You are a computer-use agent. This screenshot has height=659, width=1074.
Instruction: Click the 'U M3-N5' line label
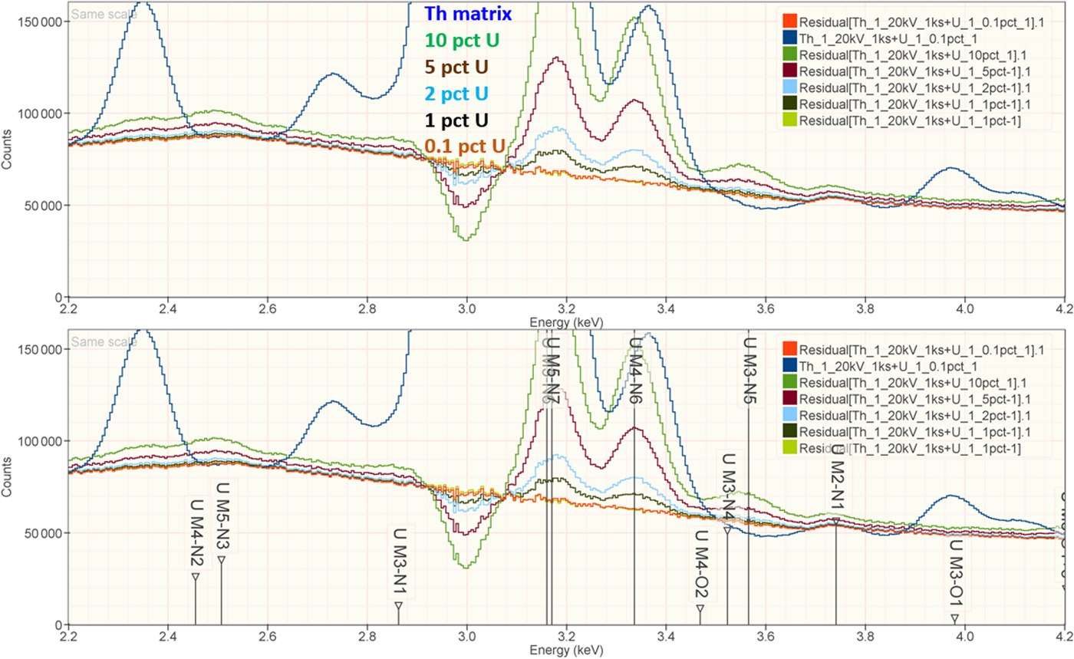point(749,372)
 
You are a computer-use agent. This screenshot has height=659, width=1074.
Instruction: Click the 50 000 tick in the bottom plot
point(42,533)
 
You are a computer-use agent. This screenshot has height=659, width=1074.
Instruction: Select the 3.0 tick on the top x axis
point(466,311)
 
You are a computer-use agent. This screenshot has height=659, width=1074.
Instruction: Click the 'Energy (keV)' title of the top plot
point(566,323)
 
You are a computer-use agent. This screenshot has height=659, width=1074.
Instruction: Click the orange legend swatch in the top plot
point(786,22)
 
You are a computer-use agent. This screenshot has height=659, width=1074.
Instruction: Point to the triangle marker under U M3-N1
point(398,605)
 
